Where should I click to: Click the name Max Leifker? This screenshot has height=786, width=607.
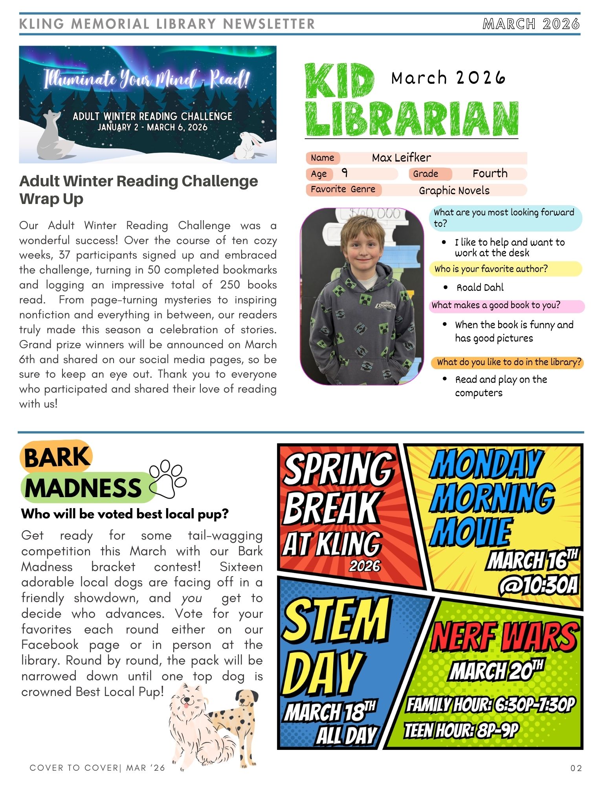pos(401,158)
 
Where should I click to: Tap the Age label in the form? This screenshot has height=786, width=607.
pos(319,174)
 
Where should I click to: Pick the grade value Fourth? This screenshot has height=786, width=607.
pos(490,174)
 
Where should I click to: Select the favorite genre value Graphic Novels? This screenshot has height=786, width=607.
pos(454,191)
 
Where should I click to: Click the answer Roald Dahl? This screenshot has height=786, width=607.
pos(480,288)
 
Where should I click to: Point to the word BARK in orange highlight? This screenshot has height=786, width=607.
pos(57,457)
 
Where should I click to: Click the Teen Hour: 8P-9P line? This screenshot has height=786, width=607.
pos(462,731)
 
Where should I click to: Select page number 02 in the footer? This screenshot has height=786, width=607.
pos(576,768)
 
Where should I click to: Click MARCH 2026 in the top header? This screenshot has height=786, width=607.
pos(531,24)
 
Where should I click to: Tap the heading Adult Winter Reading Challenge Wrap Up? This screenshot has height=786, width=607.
pos(138,189)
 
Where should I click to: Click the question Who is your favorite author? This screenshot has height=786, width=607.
pos(491,269)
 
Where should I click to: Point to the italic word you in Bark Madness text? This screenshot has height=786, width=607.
pos(192,598)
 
